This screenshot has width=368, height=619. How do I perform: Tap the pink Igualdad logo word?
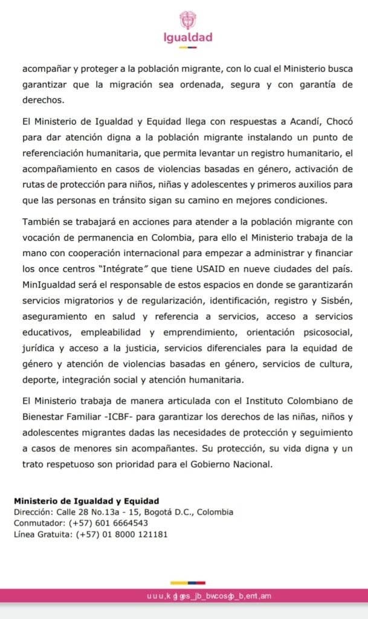point(188,37)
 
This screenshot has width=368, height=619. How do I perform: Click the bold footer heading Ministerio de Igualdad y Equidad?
point(86,501)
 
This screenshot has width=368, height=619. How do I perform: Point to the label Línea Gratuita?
point(42,534)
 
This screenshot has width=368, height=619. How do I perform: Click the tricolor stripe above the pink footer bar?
point(188,583)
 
